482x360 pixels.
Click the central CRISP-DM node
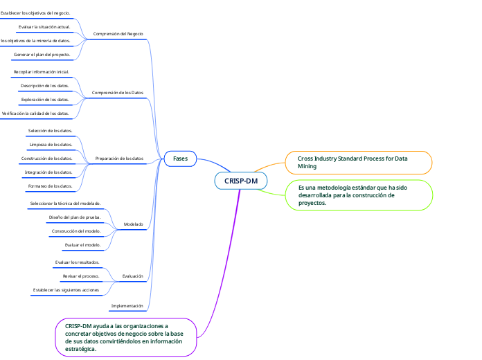pos(241,181)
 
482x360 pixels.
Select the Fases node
pos(180,159)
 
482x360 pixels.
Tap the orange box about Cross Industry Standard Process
pos(358,163)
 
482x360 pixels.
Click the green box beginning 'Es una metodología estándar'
pos(358,195)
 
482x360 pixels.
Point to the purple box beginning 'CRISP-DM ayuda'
pos(125,337)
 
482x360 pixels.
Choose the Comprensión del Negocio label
pos(118,33)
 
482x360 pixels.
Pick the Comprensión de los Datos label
pos(118,92)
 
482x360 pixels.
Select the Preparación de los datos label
pos(119,159)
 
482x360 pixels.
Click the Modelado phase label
pos(133,224)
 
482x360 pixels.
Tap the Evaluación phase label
pos(132,276)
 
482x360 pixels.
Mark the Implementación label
pos(127,305)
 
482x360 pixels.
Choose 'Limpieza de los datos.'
pos(50,145)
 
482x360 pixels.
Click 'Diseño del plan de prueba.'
pos(75,217)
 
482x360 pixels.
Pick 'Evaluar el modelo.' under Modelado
pos(82,244)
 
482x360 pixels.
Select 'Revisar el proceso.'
pos(80,276)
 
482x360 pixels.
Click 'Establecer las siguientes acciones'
pos(66,290)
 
